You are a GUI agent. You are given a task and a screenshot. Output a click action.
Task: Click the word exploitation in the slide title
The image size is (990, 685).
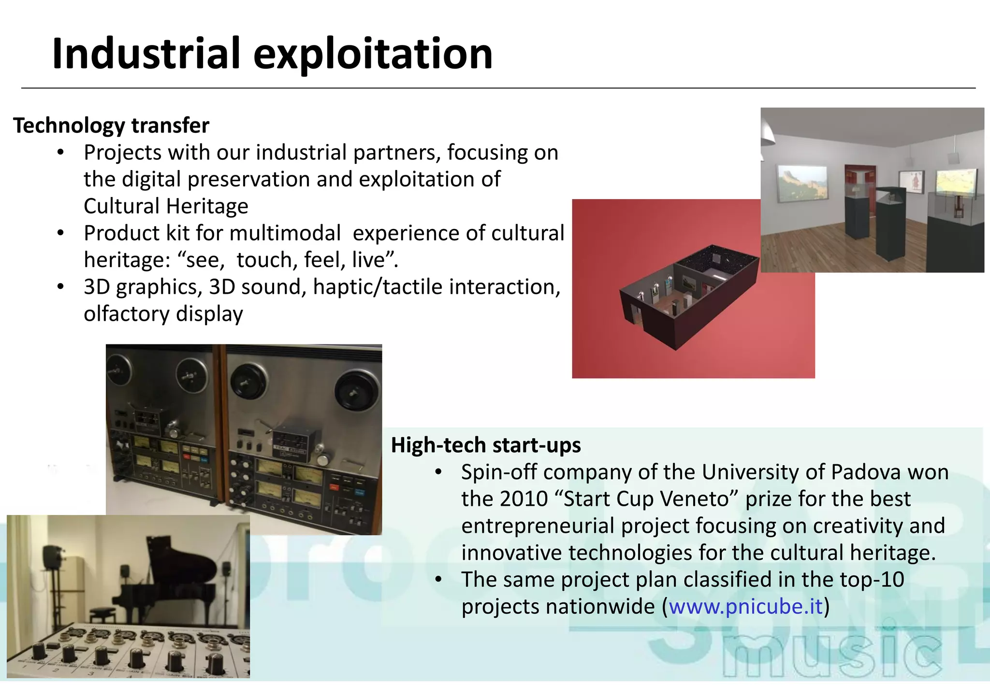373,54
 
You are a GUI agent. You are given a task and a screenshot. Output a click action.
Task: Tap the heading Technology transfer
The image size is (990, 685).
111,126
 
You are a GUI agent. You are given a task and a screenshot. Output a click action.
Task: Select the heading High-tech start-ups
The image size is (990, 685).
486,445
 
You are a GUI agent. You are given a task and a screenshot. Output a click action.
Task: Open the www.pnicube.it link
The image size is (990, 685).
745,606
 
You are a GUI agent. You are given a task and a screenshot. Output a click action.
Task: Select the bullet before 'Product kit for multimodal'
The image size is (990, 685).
60,233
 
